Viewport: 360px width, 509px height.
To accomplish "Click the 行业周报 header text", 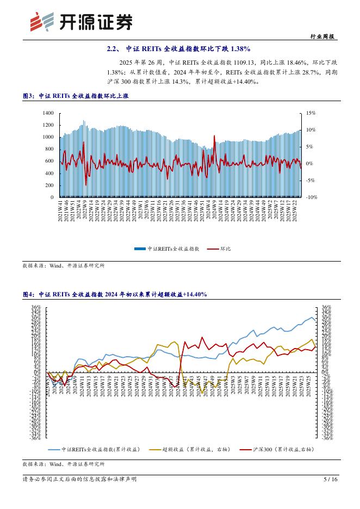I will (324, 36).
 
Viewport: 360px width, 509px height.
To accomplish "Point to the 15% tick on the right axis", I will (311, 113).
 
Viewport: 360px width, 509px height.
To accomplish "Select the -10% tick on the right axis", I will (311, 197).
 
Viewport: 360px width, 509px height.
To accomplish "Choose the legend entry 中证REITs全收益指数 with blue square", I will (167, 248).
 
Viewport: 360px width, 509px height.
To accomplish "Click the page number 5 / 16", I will (330, 479).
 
